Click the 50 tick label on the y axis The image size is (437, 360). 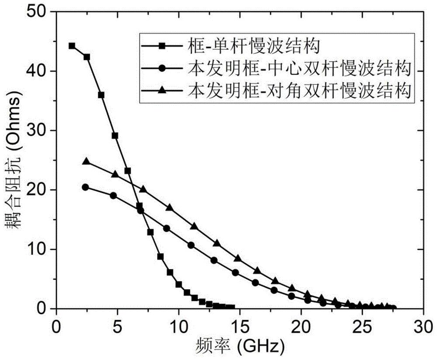click(x=39, y=12)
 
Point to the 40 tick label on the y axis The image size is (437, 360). click(x=39, y=71)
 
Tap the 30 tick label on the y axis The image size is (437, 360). click(x=39, y=131)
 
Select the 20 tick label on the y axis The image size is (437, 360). click(x=39, y=190)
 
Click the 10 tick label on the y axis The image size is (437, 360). click(x=39, y=250)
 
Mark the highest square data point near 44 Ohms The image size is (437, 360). click(x=72, y=46)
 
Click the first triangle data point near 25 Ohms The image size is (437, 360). click(x=86, y=162)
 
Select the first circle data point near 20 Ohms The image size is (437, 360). click(x=85, y=187)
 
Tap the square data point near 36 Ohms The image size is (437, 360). click(x=101, y=95)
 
